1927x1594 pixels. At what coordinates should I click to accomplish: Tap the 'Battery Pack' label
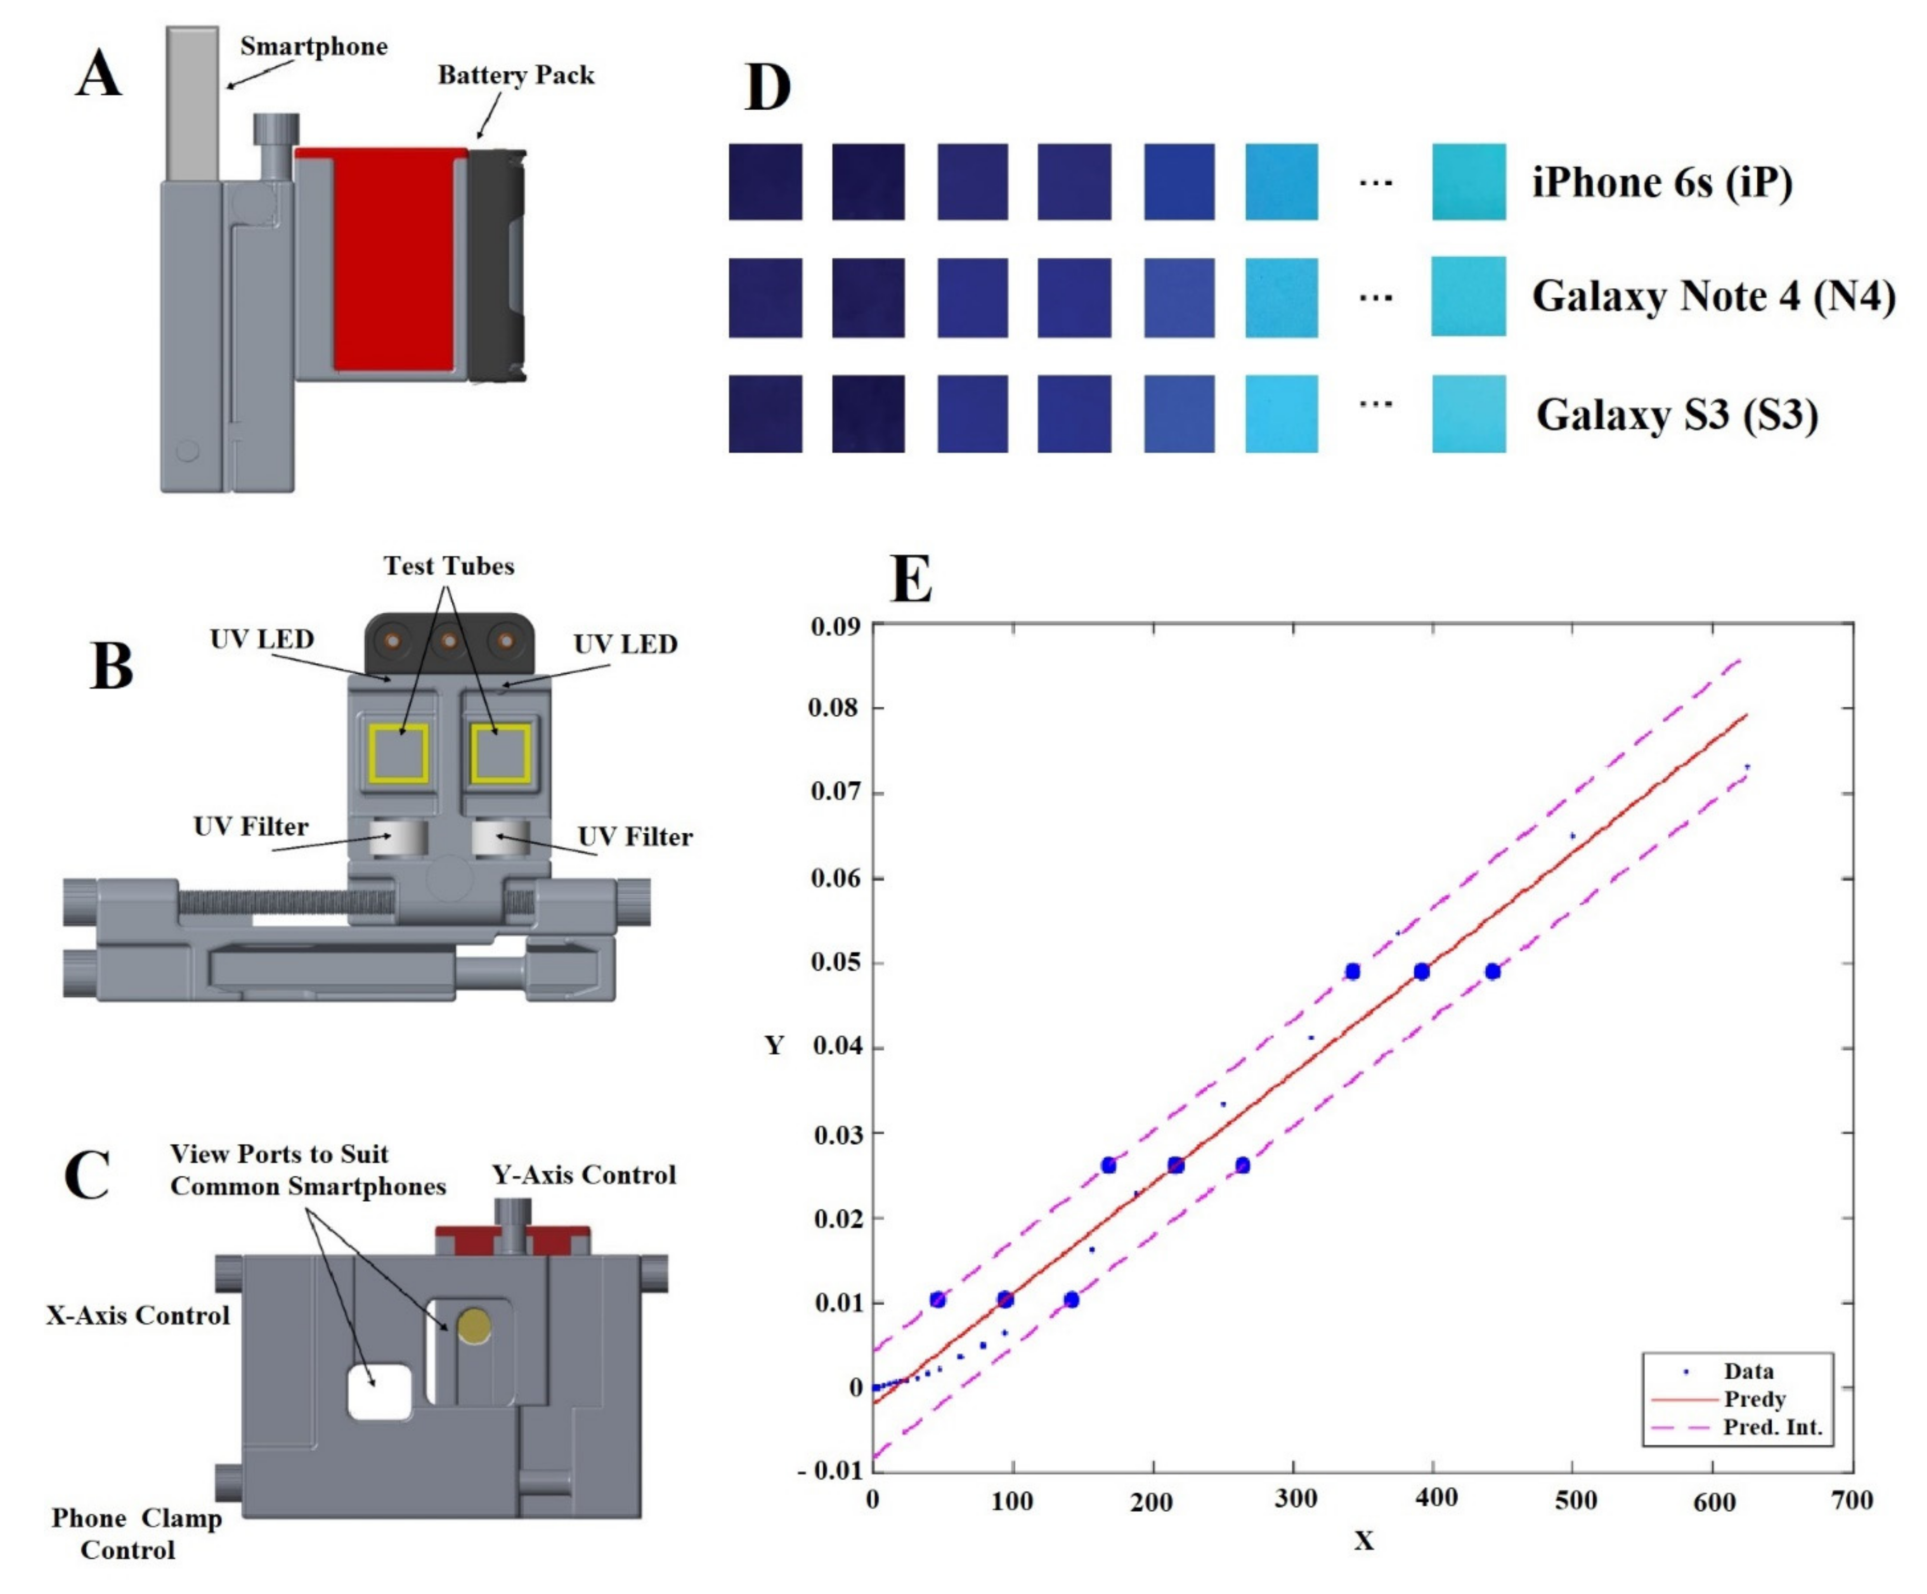click(516, 75)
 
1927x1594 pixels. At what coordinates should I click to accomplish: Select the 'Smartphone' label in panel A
click(314, 47)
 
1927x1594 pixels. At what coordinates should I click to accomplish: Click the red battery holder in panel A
click(395, 261)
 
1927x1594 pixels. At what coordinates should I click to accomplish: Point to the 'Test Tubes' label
click(449, 566)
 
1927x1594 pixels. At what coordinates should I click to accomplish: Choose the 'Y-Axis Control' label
click(584, 1175)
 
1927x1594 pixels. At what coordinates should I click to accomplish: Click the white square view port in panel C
click(379, 1391)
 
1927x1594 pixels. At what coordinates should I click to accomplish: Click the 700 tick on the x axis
click(1851, 1500)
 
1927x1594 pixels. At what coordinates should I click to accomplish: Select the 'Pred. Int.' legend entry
click(1772, 1428)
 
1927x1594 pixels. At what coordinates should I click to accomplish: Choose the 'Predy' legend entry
click(1754, 1399)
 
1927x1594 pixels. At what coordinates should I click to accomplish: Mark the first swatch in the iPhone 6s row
click(765, 182)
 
